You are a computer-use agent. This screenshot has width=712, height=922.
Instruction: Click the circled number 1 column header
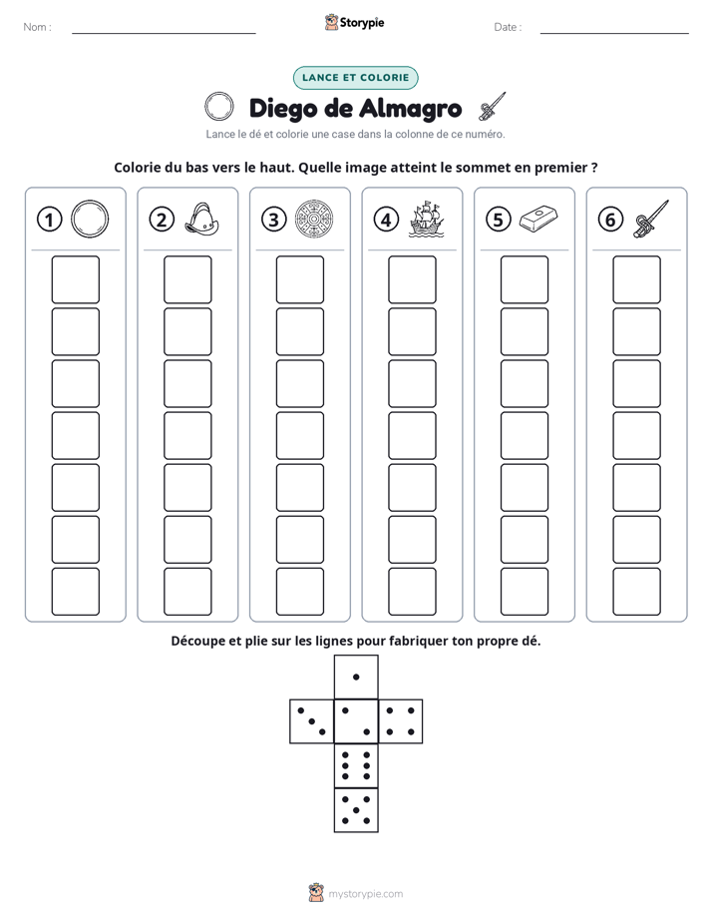pos(49,220)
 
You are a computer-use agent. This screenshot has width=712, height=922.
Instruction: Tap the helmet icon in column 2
pos(201,220)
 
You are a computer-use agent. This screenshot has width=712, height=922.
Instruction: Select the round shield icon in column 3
pos(314,220)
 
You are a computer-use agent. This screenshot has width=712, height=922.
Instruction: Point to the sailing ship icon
pos(426,220)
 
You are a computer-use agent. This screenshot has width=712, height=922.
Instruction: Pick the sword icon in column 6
pos(651,219)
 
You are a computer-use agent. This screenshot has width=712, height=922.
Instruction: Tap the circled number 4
pos(386,220)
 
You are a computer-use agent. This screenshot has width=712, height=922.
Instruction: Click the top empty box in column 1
pos(75,279)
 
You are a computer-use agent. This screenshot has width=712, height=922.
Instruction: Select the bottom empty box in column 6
pos(636,591)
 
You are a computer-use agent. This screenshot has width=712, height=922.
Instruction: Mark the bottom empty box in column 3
pos(299,591)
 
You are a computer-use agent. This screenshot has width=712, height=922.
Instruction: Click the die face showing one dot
pos(356,677)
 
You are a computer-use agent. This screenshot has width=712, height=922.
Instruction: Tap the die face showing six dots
pos(356,765)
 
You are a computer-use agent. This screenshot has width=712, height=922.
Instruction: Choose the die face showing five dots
pos(356,809)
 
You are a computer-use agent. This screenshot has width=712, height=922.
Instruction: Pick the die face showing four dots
pos(401,720)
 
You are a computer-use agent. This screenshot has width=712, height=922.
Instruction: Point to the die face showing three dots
pos(312,720)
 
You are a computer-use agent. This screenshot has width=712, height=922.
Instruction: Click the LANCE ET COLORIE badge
pos(355,78)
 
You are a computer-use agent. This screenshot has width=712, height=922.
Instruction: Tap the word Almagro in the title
pos(410,108)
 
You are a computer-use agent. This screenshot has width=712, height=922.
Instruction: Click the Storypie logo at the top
pos(354,23)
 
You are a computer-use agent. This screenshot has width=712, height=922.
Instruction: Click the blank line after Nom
pos(164,33)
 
